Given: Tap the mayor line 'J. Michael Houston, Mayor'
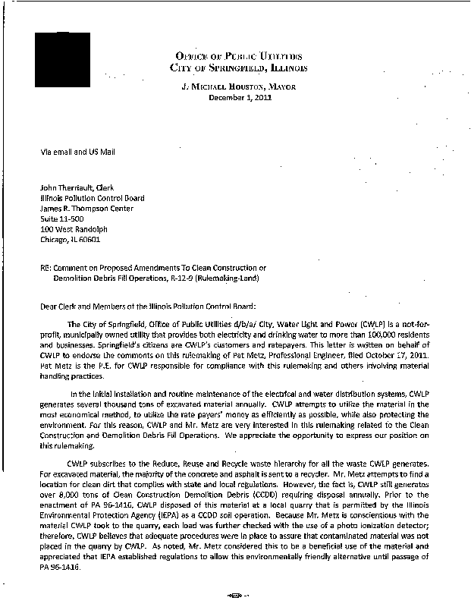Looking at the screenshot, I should (239, 88).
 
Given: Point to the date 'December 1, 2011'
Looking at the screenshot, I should (239, 99).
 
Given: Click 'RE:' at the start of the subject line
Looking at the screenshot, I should (47, 268).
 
